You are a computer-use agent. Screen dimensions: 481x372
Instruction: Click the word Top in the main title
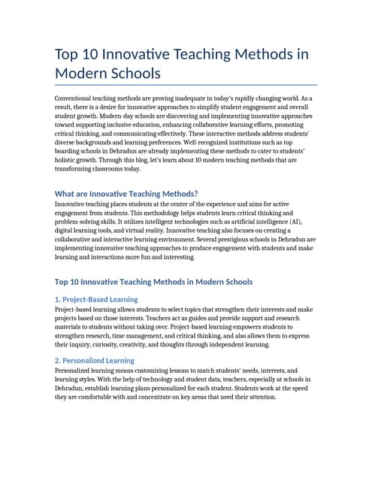tap(71, 56)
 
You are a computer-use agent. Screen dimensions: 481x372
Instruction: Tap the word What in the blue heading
tap(66, 194)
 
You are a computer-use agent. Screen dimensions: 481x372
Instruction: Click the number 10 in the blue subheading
tap(76, 282)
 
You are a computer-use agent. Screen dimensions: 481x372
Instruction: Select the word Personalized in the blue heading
tap(86, 361)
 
